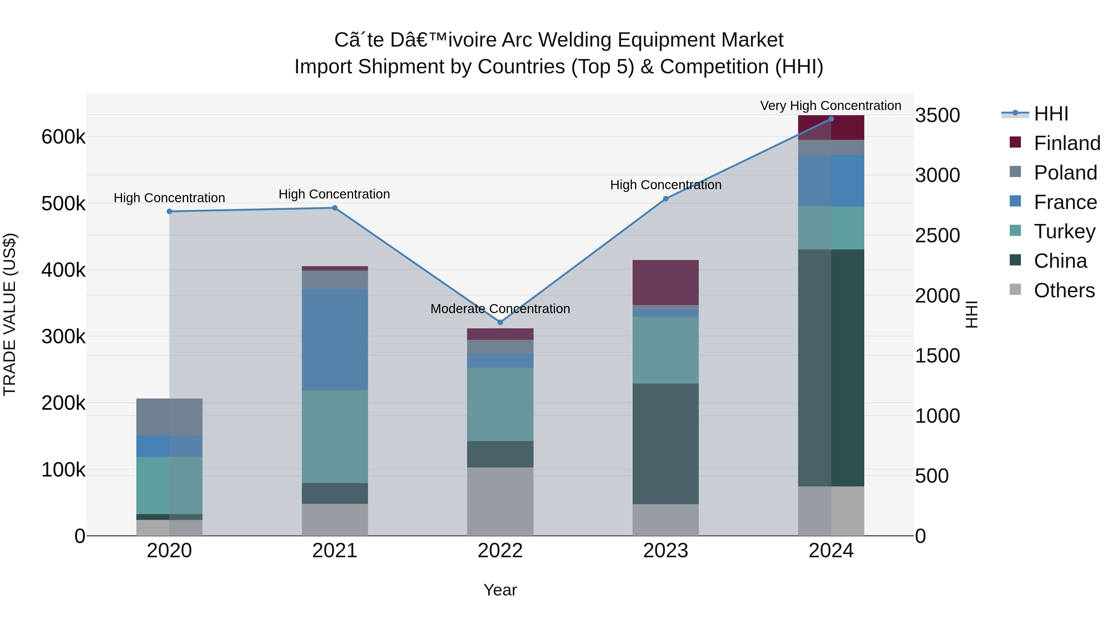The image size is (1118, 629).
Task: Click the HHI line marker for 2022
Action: point(500,322)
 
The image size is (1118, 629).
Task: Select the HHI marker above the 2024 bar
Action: point(831,119)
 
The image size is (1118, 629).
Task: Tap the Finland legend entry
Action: point(1067,143)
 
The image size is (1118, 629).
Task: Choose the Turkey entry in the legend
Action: point(1064,231)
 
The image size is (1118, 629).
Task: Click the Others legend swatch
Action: point(1016,289)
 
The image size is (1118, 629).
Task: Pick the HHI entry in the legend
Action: point(1050,114)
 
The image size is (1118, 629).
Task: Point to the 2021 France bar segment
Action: point(334,340)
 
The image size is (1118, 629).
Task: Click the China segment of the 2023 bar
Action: point(665,444)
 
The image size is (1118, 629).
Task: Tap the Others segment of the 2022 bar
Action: point(500,501)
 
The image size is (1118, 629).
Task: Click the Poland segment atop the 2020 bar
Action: point(169,417)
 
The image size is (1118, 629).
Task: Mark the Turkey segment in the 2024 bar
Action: point(831,228)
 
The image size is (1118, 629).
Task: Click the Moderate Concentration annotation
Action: point(500,309)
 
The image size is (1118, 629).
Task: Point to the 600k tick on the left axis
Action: point(63,137)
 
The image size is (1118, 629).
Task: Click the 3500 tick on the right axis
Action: point(938,116)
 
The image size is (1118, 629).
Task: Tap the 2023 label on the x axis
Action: point(665,551)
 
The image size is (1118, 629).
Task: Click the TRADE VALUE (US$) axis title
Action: point(10,314)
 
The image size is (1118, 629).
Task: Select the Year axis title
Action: point(500,590)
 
